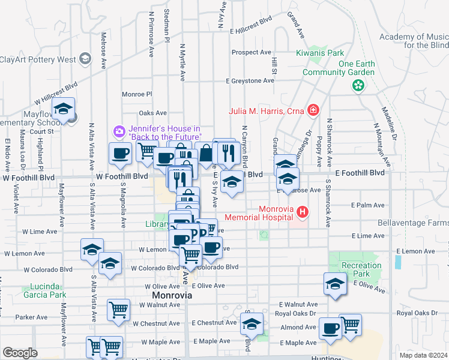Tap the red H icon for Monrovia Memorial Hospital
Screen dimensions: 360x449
coord(303,212)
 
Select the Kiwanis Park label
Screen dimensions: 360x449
coord(319,53)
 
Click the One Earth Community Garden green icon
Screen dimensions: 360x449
coord(358,86)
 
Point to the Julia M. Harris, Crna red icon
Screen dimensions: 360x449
coord(312,110)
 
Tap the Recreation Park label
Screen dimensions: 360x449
coord(361,269)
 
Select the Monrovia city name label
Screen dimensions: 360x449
coord(172,296)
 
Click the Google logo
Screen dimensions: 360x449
coord(20,353)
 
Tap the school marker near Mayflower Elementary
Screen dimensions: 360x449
coord(63,109)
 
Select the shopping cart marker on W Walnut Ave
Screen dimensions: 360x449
coord(119,310)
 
